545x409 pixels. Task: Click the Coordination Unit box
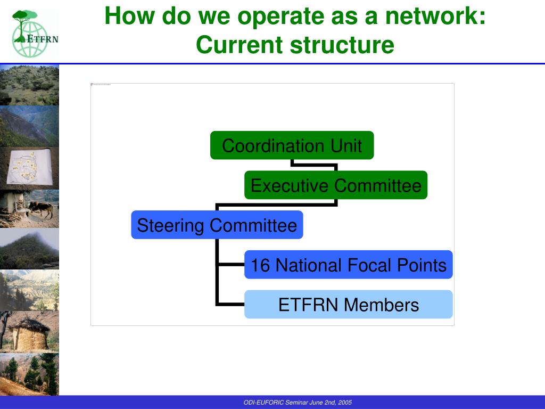coord(292,145)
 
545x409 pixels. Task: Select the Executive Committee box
coord(336,185)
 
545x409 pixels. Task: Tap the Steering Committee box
coord(217,225)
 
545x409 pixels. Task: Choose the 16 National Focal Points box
coord(349,265)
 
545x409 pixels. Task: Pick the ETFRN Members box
coord(349,305)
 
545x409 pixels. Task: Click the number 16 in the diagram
coord(260,265)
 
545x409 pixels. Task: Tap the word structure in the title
coord(342,45)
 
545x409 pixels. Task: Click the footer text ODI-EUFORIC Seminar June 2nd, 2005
coord(298,403)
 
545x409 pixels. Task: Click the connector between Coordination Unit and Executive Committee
coord(314,165)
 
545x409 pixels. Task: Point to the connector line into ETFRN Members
coord(230,305)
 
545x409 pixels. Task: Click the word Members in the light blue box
coord(381,305)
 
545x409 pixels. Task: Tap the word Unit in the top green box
coord(346,145)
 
